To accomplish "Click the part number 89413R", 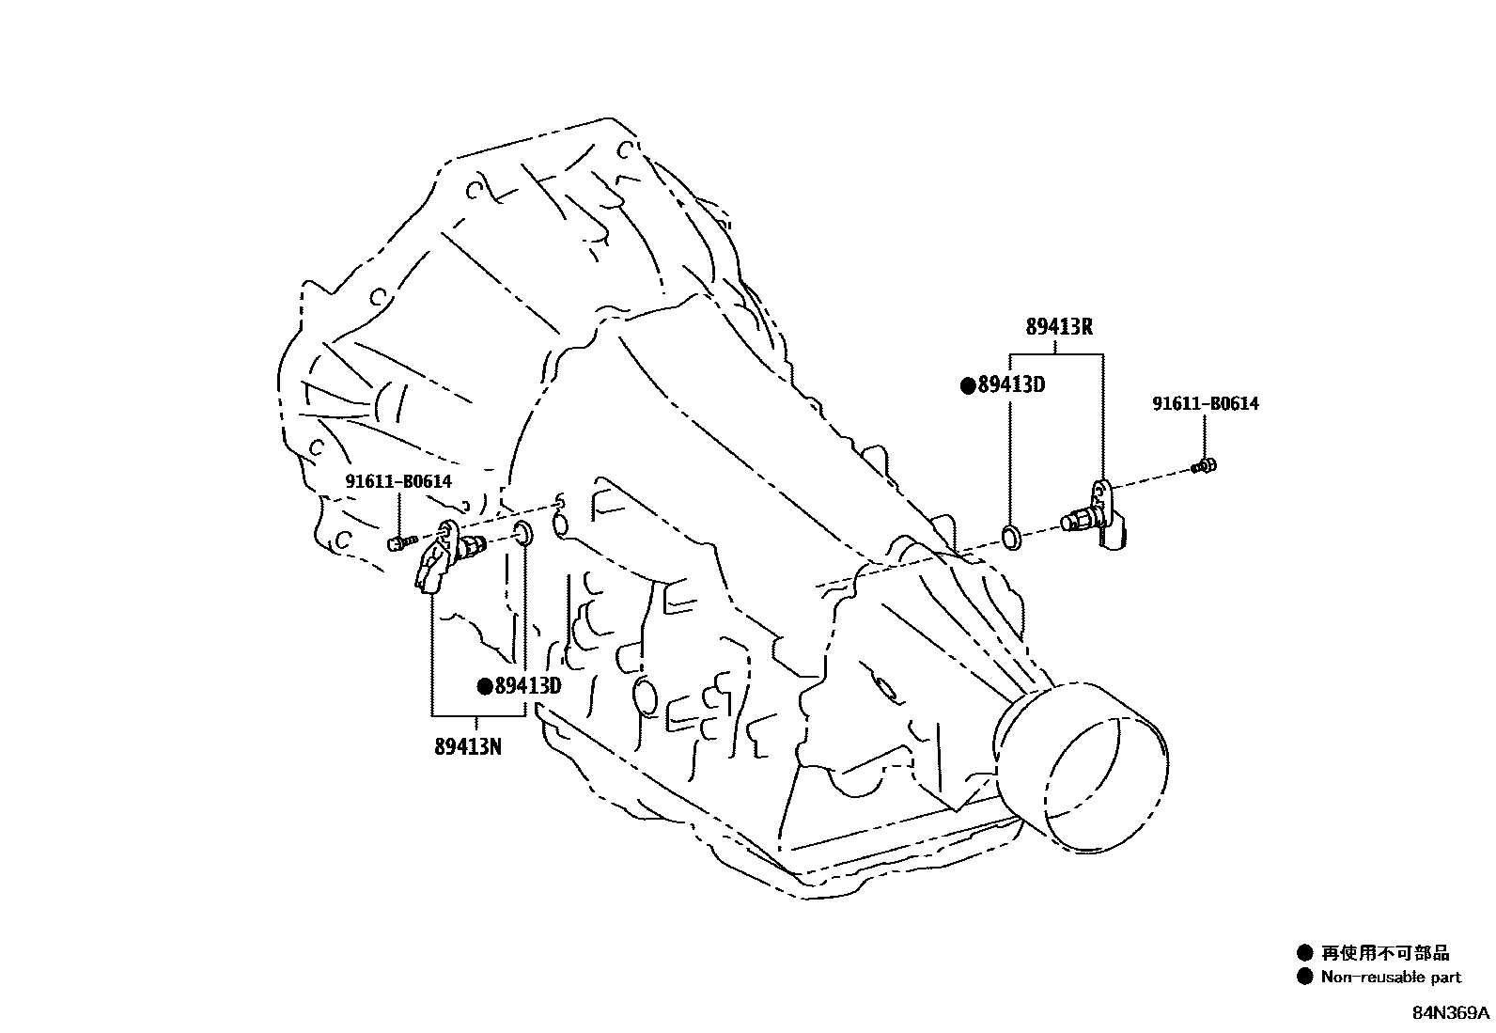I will pos(1058,327).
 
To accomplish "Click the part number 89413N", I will pos(467,747).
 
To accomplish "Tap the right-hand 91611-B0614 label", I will pos(1206,403).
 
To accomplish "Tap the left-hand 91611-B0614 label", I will pos(398,481).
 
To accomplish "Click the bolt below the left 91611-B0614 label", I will pos(401,542).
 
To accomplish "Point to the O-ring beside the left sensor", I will pos(523,535).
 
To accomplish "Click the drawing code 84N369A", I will pos(1449,1014).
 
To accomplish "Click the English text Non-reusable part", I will pos(1391,977).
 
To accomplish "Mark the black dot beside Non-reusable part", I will pos(1304,977).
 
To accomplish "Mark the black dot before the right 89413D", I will pos(967,384).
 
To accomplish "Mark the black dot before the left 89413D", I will pos(485,686).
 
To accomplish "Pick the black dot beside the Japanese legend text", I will pos(1304,953).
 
